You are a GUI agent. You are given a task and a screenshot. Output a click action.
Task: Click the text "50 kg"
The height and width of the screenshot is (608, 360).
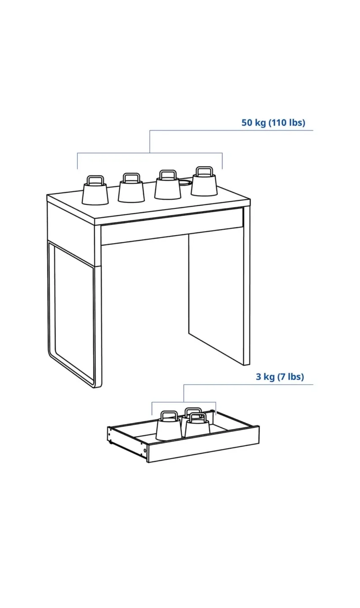click(x=254, y=123)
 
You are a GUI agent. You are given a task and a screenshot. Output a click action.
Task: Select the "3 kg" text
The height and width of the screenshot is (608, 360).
click(x=265, y=377)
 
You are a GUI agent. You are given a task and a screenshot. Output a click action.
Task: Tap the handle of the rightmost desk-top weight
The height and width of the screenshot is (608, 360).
click(x=204, y=171)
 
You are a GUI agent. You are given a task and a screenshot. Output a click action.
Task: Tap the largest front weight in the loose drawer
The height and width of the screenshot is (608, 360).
click(x=169, y=429)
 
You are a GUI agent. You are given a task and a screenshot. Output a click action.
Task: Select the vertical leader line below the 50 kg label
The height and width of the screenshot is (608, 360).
click(x=150, y=141)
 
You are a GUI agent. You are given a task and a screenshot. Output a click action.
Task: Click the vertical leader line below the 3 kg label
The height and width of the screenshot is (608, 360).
click(x=184, y=393)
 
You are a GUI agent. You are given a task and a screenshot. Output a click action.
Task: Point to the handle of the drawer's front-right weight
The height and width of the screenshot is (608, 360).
click(x=197, y=417)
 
